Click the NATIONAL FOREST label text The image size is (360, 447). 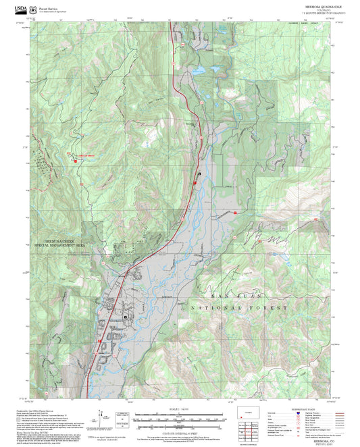242,307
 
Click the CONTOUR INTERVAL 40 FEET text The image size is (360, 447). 179,433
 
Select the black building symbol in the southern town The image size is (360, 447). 126,316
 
